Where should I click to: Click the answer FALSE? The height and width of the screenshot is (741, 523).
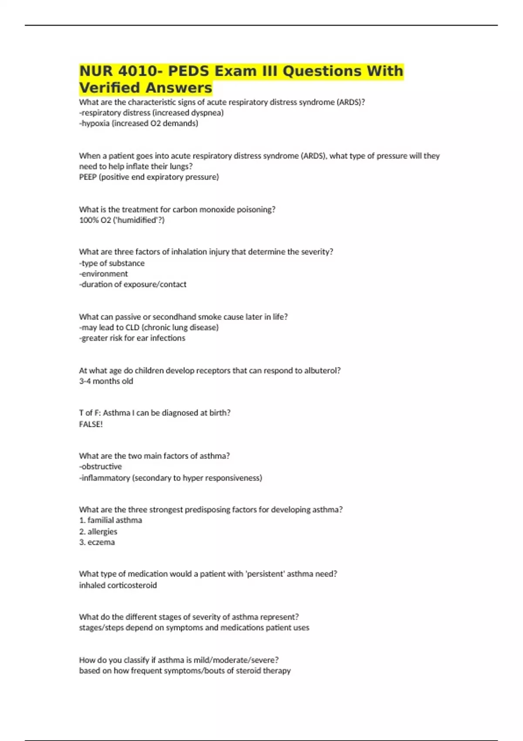pos(91,424)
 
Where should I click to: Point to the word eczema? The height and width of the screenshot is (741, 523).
pos(101,542)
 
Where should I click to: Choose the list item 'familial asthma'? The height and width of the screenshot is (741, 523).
pos(115,520)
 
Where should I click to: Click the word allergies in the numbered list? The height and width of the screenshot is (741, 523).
pos(102,531)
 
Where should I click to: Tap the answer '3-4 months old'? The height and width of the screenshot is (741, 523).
pos(106,381)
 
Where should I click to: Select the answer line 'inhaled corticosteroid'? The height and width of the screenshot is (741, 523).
pos(118,585)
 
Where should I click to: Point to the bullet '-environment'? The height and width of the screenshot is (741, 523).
pos(103,274)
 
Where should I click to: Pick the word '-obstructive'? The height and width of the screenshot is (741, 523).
pos(100,466)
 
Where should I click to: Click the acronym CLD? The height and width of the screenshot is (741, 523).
pos(132,327)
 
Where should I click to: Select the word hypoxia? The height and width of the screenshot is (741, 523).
pos(95,123)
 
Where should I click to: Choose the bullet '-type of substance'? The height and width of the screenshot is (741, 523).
pos(112,263)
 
